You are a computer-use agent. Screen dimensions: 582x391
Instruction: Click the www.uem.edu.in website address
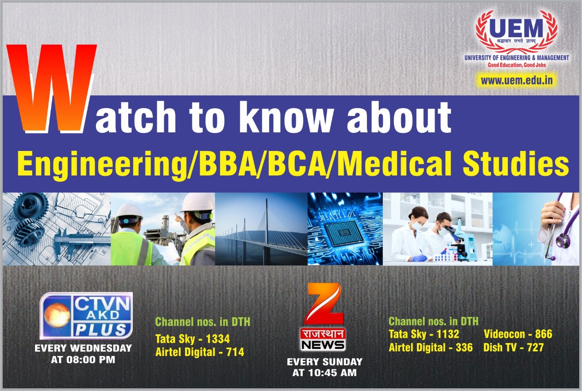517,80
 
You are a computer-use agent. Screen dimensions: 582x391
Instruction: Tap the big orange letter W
52,88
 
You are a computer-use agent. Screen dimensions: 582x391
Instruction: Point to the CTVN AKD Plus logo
86,316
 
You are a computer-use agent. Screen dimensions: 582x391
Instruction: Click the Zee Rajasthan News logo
323,317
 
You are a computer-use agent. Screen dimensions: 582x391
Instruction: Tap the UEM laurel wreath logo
517,32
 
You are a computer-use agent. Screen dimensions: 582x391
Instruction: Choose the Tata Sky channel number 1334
218,339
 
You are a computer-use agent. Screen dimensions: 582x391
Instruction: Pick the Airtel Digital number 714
235,352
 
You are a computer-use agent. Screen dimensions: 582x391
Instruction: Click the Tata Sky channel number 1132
448,334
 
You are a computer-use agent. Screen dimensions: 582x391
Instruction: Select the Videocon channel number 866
543,334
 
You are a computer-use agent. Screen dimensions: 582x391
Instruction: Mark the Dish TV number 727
535,347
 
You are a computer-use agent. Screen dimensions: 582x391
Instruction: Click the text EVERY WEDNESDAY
83,348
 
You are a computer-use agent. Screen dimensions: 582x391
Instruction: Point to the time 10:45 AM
332,373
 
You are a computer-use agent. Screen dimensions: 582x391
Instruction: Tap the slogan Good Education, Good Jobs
517,65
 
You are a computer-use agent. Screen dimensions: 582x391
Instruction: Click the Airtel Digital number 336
464,347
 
